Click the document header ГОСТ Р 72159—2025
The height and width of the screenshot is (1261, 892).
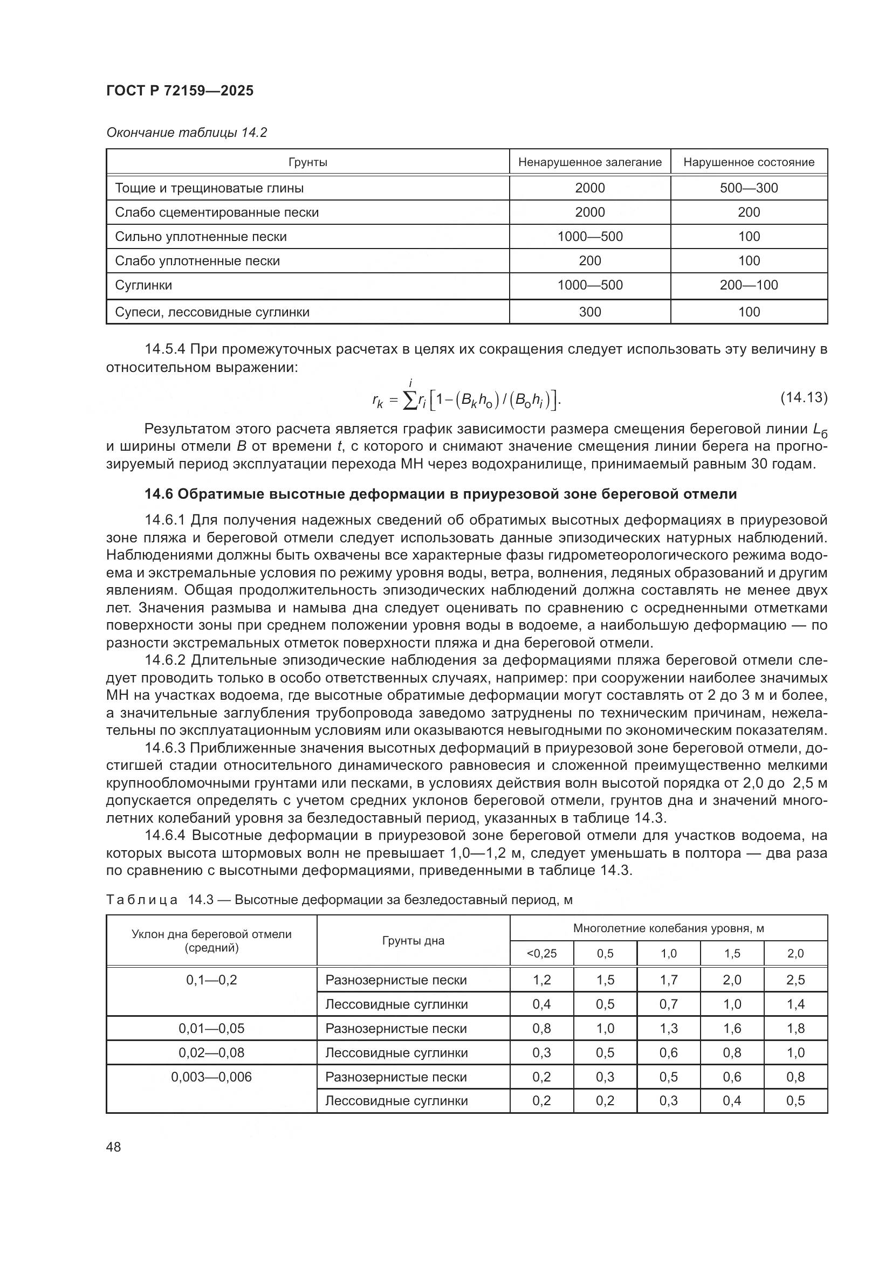point(180,91)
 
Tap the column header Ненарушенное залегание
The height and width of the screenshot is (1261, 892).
point(589,162)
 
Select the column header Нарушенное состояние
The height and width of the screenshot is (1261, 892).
point(749,162)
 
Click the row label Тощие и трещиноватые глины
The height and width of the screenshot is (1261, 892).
point(209,188)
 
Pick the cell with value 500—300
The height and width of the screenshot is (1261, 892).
point(749,188)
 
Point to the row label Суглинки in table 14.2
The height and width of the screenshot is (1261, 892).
point(143,285)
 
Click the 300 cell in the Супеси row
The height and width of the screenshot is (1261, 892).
point(589,312)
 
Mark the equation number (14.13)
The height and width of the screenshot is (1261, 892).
point(804,397)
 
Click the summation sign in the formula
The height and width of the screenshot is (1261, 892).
point(410,402)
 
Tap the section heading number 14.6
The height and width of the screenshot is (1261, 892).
point(158,494)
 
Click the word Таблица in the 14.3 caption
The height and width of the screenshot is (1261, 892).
point(142,900)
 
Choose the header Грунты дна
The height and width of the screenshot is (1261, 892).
point(413,941)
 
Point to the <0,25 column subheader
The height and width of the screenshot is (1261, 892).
point(541,954)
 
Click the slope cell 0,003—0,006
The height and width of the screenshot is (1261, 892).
point(211,1077)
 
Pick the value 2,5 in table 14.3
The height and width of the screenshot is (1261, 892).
point(795,980)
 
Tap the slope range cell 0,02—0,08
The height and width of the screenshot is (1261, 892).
point(211,1052)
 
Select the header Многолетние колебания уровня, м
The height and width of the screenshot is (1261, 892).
point(668,928)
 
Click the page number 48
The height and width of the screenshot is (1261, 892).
point(114,1147)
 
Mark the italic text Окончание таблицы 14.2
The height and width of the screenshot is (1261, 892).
point(186,133)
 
